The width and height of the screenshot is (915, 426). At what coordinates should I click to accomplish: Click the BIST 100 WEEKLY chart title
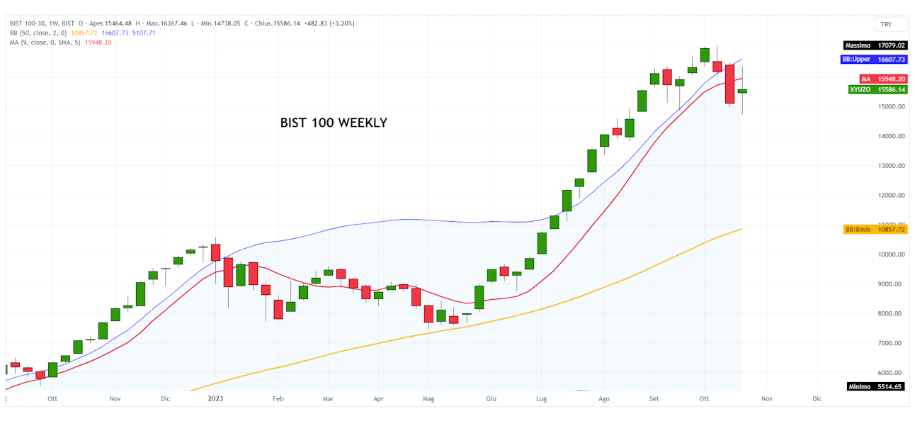click(x=334, y=123)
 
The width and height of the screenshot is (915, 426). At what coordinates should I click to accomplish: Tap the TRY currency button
click(x=886, y=24)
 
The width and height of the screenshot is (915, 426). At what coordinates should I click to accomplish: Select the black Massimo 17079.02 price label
click(x=875, y=45)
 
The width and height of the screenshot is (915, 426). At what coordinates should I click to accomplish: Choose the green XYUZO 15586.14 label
click(x=877, y=89)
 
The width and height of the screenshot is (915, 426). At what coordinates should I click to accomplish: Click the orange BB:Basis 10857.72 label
click(x=875, y=230)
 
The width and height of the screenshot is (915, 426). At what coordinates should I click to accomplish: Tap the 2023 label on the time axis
click(x=215, y=399)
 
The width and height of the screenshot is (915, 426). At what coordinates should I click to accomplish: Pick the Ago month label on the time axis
click(x=604, y=399)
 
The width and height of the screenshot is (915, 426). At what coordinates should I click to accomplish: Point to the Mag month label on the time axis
click(x=428, y=399)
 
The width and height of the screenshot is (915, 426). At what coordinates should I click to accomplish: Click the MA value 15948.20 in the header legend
click(x=98, y=43)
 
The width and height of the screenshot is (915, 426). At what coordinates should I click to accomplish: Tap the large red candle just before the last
click(x=729, y=84)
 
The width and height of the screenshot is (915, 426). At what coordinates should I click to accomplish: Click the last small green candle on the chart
click(x=742, y=91)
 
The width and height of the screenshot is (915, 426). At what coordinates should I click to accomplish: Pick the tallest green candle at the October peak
click(x=705, y=55)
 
